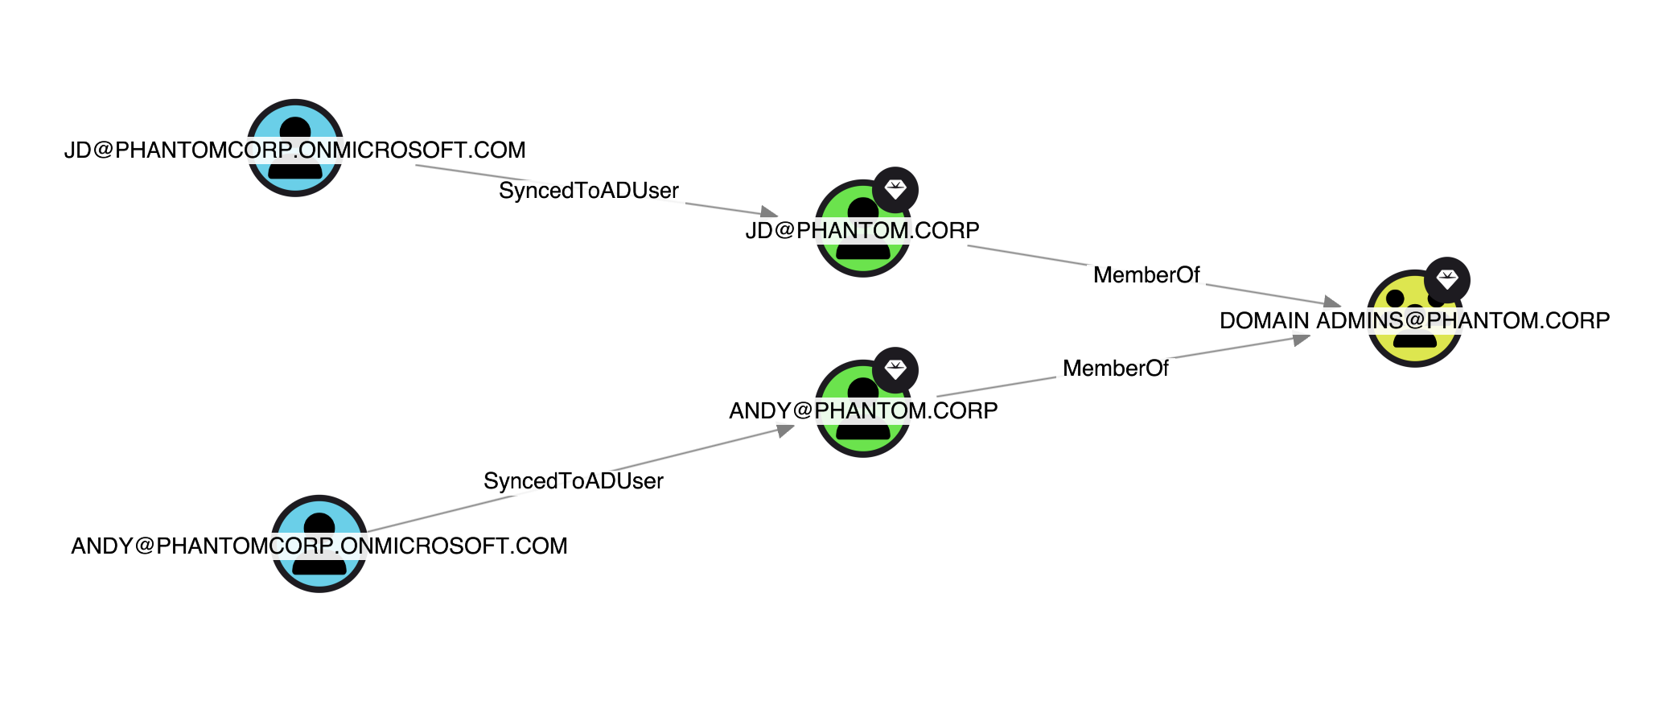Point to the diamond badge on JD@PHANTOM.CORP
coord(895,190)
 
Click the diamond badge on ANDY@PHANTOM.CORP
coord(895,370)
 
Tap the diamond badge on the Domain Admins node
coord(1447,280)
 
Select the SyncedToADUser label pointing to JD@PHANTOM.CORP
coord(589,191)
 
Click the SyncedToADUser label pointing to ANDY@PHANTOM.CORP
coord(574,481)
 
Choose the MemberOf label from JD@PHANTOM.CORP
coord(1146,275)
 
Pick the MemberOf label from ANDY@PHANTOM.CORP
coord(1115,369)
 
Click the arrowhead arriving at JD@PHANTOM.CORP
coord(770,212)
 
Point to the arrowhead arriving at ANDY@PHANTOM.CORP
coord(785,431)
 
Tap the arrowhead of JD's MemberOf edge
coord(1332,303)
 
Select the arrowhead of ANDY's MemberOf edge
coord(1301,340)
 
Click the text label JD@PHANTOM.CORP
coord(862,231)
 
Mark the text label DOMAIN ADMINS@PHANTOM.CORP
coord(1414,321)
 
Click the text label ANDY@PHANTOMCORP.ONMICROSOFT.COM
coord(319,546)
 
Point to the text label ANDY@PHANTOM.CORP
coord(863,411)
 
